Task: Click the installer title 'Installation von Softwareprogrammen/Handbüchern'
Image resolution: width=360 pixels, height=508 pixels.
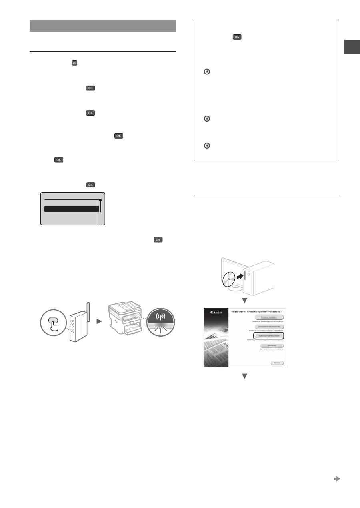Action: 256,310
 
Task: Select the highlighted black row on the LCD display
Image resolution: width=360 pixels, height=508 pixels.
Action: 71,209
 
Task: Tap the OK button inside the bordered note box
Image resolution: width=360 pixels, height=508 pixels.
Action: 237,37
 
